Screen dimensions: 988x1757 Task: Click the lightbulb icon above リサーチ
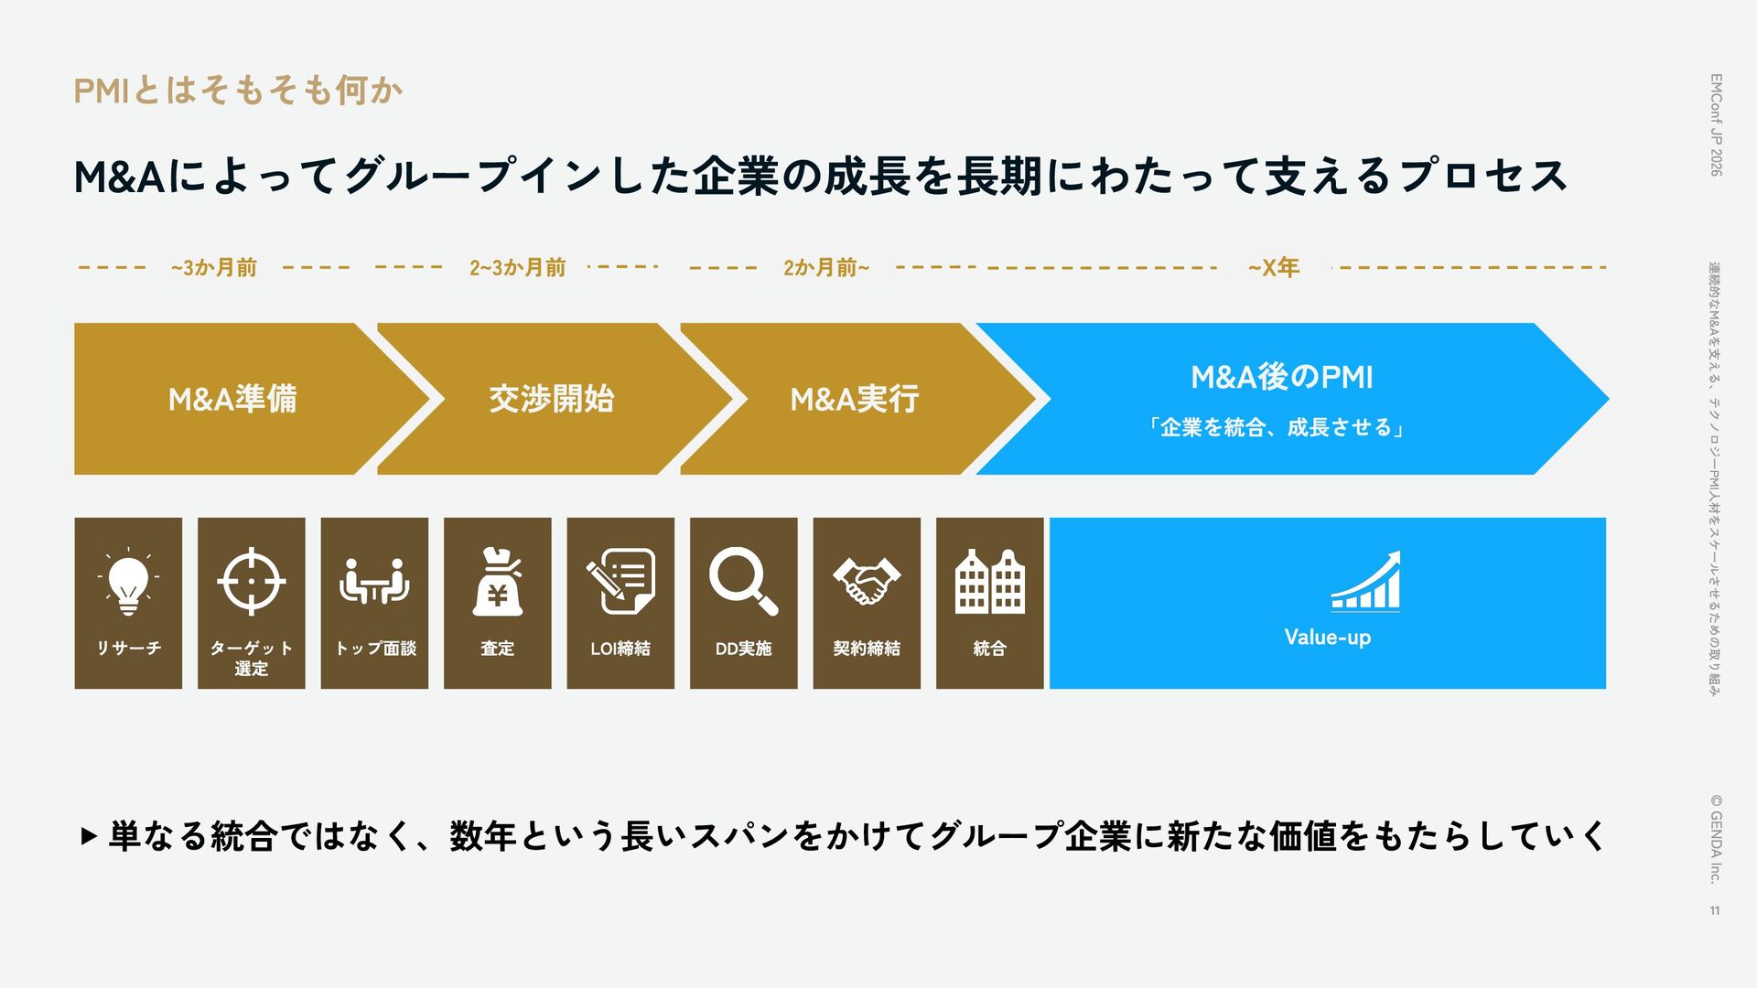[x=128, y=583]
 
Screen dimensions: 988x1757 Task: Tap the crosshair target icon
[x=251, y=582]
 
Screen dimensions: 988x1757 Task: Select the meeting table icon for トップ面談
[x=373, y=582]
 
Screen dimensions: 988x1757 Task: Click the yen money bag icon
[x=497, y=583]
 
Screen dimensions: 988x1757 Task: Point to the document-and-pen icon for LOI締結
[x=620, y=580]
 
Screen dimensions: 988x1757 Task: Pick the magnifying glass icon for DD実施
[x=742, y=580]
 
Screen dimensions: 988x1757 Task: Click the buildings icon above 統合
[x=989, y=582]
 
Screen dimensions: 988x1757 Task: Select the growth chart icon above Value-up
[x=1365, y=581]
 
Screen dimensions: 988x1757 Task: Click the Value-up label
[x=1327, y=638]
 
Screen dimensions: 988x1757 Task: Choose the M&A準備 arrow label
[x=232, y=399]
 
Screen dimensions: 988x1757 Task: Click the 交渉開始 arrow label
[x=551, y=399]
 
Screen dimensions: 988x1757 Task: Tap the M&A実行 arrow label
[x=854, y=399]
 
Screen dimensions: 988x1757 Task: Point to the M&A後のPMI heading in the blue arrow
[x=1281, y=377]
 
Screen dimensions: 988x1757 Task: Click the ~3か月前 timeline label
[x=213, y=268]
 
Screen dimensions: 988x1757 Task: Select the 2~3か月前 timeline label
[x=517, y=268]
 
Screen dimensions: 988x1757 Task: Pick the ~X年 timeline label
[x=1274, y=268]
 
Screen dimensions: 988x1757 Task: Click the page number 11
[x=1714, y=910]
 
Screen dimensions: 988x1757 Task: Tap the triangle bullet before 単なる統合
[x=88, y=836]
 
